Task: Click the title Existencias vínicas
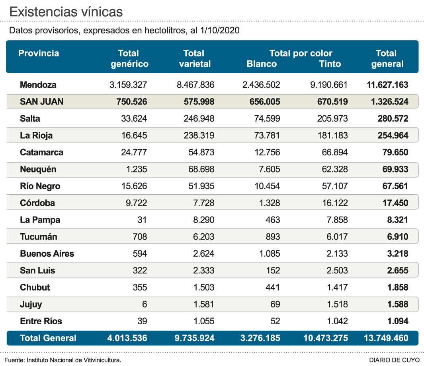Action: click(x=66, y=12)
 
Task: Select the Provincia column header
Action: click(x=39, y=53)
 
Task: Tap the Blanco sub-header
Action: click(x=262, y=64)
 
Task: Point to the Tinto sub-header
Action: click(x=330, y=64)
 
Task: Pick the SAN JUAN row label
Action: click(x=41, y=102)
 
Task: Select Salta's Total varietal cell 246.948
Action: click(x=195, y=118)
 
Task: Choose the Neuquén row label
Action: click(x=38, y=169)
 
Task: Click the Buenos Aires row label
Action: click(x=47, y=254)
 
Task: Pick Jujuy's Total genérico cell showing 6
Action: click(x=144, y=304)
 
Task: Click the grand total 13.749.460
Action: click(x=386, y=338)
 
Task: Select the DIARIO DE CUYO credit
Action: click(x=394, y=360)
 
